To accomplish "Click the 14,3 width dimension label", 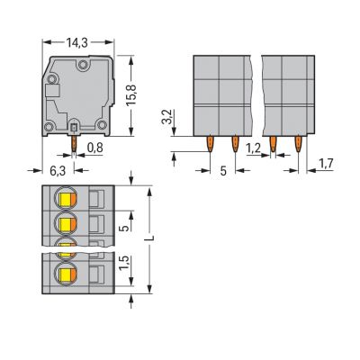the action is (x=77, y=43).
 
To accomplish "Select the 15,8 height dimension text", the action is (x=131, y=94).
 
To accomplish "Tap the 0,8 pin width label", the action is (x=94, y=148).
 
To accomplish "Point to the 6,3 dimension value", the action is (x=58, y=171).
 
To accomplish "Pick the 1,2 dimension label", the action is (x=254, y=148).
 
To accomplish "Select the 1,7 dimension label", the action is (x=326, y=164).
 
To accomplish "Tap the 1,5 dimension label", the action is (x=124, y=263).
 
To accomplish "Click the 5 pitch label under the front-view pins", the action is (x=223, y=171).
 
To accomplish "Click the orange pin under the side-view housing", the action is (x=74, y=143).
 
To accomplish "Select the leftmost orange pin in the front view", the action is (x=210, y=143).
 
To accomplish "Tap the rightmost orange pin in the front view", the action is (x=298, y=143).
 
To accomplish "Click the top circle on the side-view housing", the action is (x=82, y=65).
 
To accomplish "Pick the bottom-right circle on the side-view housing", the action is (x=102, y=124).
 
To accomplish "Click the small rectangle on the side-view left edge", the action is (x=52, y=90).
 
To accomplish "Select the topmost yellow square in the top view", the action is (x=66, y=199).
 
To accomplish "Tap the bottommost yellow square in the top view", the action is (x=66, y=274).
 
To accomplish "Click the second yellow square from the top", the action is (x=66, y=224).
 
